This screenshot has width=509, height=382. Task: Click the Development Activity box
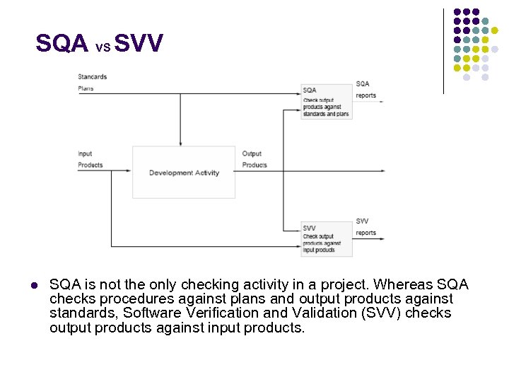[x=184, y=173]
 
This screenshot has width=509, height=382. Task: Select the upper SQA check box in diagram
[x=327, y=102]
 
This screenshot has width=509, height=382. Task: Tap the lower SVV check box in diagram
[x=327, y=238]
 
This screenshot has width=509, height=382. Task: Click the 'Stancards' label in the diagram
[x=92, y=76]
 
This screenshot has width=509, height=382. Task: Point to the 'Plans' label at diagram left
[x=86, y=88]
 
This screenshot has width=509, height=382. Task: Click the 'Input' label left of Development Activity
[x=86, y=154]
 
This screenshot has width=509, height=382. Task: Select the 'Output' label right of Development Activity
[x=252, y=154]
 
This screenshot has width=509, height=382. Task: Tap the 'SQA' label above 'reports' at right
[x=363, y=84]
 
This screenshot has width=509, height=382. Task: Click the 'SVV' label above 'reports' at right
[x=362, y=221]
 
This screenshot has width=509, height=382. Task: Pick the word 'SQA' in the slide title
[x=62, y=44]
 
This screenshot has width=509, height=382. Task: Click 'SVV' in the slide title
[x=139, y=44]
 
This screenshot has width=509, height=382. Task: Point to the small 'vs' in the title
[x=103, y=47]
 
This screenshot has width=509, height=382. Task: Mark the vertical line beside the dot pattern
[x=443, y=51]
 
